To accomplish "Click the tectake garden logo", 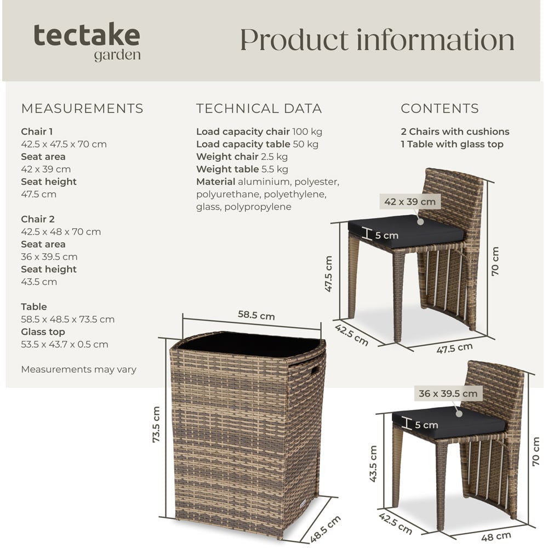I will tap(87, 42).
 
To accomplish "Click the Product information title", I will tap(377, 40).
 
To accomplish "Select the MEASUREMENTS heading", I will tap(82, 109).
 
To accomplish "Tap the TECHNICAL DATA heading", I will tap(259, 109).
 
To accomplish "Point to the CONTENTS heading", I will tap(439, 109).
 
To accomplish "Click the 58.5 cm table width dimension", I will tap(256, 316).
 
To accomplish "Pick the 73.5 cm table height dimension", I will tap(156, 425).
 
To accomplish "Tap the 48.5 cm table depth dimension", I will tap(326, 529).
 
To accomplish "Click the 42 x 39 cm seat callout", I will tap(410, 202).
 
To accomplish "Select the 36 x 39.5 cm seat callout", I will tap(448, 393).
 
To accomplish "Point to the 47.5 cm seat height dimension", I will tap(329, 273).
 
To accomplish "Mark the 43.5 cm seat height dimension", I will tap(374, 463).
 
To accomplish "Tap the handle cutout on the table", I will tap(316, 372).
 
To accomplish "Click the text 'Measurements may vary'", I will tap(78, 369).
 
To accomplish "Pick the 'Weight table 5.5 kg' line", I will tap(242, 169).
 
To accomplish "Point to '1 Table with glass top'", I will tap(452, 144).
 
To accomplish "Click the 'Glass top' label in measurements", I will tap(43, 332).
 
